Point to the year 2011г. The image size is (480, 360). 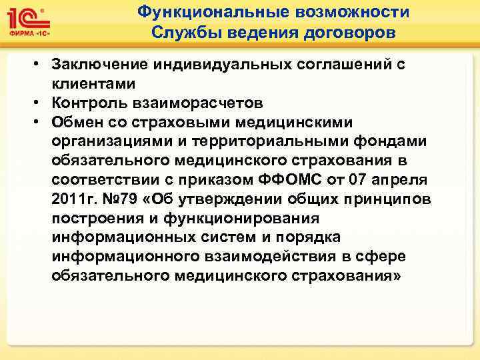coord(73,200)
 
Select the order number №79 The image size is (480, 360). coord(125,200)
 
